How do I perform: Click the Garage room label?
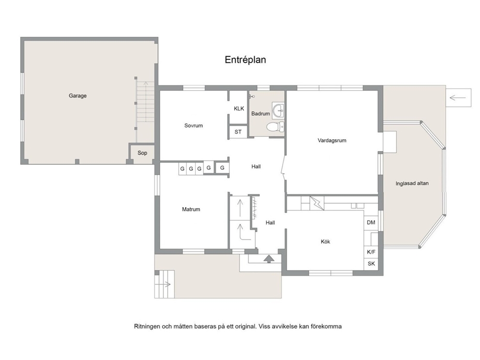point(77,96)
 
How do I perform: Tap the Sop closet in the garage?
point(142,153)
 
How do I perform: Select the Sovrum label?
point(194,125)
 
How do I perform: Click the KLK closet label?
point(239,108)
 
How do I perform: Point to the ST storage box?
point(238,132)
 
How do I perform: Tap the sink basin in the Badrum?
point(279,110)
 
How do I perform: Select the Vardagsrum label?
point(332,140)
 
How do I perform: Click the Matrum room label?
point(191,210)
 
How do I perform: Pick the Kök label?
point(326,241)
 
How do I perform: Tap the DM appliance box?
point(371,223)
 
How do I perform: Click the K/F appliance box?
point(371,252)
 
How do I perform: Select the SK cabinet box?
point(371,264)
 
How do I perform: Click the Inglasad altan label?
point(412,183)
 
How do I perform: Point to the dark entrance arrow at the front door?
point(269,259)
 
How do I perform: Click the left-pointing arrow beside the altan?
point(458,98)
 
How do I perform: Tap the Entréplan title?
point(245,60)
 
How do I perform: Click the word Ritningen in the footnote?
point(147,326)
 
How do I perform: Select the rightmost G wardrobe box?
point(222,168)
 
